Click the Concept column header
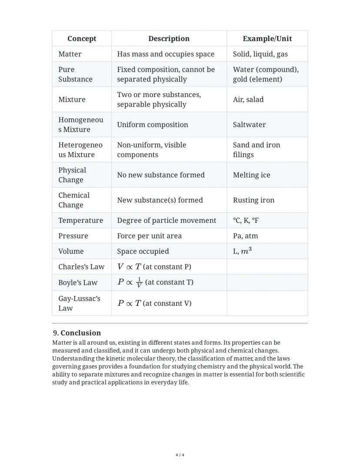(x=82, y=39)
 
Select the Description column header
(x=169, y=39)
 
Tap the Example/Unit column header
(x=267, y=39)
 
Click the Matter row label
(x=70, y=54)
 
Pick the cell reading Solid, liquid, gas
(x=260, y=54)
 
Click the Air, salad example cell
(x=248, y=99)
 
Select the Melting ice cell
(x=251, y=175)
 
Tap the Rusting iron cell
(x=253, y=200)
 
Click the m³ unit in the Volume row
(x=246, y=251)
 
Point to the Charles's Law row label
(x=81, y=267)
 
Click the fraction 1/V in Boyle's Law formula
(x=139, y=282)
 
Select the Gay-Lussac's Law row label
(x=79, y=303)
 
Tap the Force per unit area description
(x=149, y=236)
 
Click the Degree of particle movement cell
(x=167, y=220)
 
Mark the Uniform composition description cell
(x=153, y=124)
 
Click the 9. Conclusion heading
(x=77, y=333)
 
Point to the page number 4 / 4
(x=180, y=455)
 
